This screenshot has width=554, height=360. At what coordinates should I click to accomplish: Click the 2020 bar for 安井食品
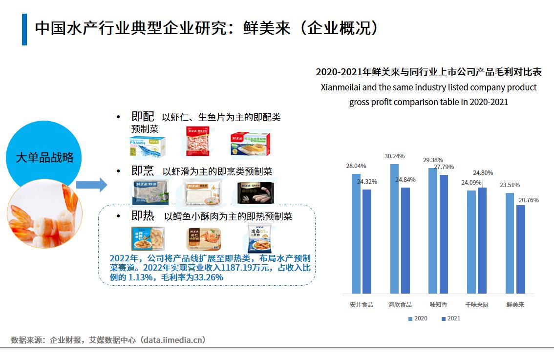pyautogui.click(x=356, y=233)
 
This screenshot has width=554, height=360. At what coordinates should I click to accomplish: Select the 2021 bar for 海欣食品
pyautogui.click(x=405, y=240)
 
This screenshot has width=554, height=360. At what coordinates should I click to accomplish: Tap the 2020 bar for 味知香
pyautogui.click(x=433, y=231)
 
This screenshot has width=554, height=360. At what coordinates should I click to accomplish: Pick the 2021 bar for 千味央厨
pyautogui.click(x=482, y=240)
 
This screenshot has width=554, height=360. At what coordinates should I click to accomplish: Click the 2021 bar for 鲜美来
pyautogui.click(x=521, y=249)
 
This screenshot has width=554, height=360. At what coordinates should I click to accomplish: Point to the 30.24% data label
pyautogui.click(x=394, y=156)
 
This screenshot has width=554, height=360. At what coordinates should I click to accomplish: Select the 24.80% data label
pyautogui.click(x=483, y=172)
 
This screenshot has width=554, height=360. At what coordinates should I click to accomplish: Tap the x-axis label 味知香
pyautogui.click(x=438, y=304)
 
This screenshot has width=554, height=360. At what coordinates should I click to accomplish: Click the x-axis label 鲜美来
pyautogui.click(x=515, y=304)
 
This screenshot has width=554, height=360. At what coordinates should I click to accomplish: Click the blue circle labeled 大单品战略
pyautogui.click(x=44, y=157)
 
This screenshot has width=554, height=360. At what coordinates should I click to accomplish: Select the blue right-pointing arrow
pyautogui.click(x=91, y=185)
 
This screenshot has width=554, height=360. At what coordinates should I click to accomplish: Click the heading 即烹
pyautogui.click(x=143, y=171)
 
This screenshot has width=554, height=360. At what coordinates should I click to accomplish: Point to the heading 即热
pyautogui.click(x=143, y=216)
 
